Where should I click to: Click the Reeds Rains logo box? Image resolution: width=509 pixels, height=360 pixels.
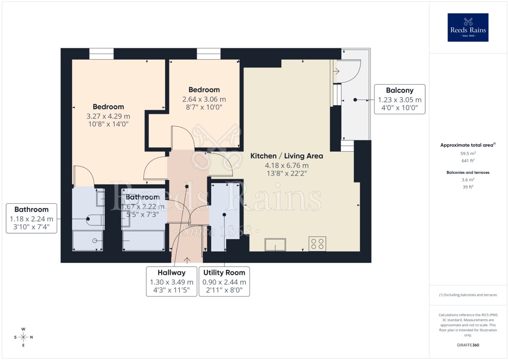tap(468, 27)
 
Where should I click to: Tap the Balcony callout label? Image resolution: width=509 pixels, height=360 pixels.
tap(400, 99)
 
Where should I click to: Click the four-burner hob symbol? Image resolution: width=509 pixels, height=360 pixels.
tap(317, 244)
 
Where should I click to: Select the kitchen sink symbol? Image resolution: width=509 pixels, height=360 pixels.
tap(275, 245)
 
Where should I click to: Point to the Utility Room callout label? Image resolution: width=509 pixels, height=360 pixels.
tap(224, 281)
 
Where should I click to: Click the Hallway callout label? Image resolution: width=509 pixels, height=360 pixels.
tap(171, 281)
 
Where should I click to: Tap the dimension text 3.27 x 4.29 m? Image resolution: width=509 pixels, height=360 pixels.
tap(108, 116)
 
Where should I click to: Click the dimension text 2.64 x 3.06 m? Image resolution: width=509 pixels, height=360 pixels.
tap(204, 99)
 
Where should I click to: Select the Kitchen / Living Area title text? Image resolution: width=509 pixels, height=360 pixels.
tap(287, 156)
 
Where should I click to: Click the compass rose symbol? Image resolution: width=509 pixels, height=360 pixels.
tap(23, 337)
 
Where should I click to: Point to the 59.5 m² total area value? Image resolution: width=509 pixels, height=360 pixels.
tap(468, 153)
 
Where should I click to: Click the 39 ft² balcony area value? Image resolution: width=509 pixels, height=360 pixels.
tap(468, 187)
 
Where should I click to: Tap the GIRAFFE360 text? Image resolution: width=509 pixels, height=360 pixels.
tap(468, 345)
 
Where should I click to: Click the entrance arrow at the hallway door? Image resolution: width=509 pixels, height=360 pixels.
tap(187, 260)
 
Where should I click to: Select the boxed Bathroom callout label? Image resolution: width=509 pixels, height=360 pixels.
tap(31, 218)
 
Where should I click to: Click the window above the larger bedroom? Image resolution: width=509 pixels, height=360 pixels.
tap(101, 54)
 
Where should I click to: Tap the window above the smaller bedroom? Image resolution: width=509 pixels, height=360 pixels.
tap(209, 54)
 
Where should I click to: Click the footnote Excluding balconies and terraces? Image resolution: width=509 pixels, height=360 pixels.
tap(468, 295)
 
